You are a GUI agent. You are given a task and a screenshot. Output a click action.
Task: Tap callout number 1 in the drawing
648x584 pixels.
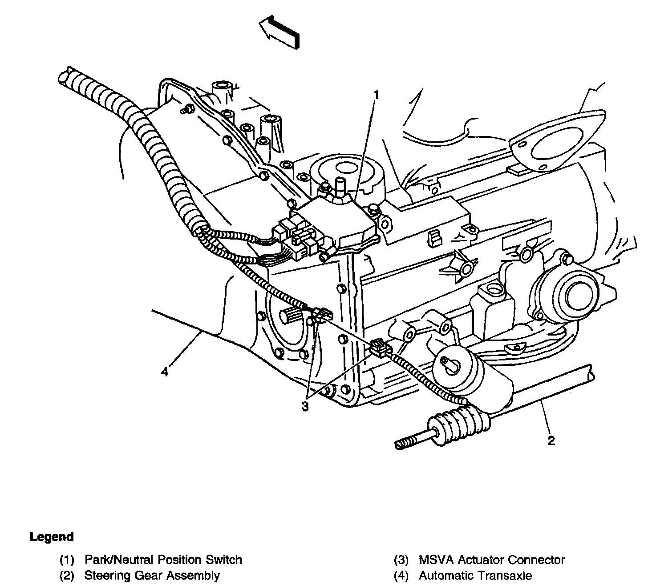point(376,95)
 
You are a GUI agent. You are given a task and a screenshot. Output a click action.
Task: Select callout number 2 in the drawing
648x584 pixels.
point(551,440)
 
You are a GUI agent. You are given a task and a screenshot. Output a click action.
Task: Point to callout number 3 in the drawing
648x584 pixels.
point(305,407)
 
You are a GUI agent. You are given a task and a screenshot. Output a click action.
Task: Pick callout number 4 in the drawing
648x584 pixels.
point(165,372)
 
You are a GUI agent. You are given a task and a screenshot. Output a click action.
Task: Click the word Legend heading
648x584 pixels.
point(52,537)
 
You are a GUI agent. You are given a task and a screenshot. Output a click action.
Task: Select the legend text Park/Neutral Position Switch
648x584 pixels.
point(163,560)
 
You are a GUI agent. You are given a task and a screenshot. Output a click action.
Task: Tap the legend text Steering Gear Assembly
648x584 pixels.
point(152,575)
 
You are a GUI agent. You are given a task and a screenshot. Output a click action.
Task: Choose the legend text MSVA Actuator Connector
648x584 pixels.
point(492,560)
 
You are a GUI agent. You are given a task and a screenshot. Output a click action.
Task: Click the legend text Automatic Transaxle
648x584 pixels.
point(475,575)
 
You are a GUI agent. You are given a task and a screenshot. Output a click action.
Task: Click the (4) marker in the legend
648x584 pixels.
point(401,576)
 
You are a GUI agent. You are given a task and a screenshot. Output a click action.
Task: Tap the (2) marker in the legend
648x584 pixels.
point(67,576)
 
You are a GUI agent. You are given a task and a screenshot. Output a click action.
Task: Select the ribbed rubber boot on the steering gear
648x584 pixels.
point(459,423)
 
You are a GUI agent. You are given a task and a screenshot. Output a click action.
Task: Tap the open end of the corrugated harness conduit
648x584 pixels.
point(66,78)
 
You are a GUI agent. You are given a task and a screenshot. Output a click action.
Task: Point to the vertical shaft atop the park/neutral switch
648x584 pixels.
point(340,187)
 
